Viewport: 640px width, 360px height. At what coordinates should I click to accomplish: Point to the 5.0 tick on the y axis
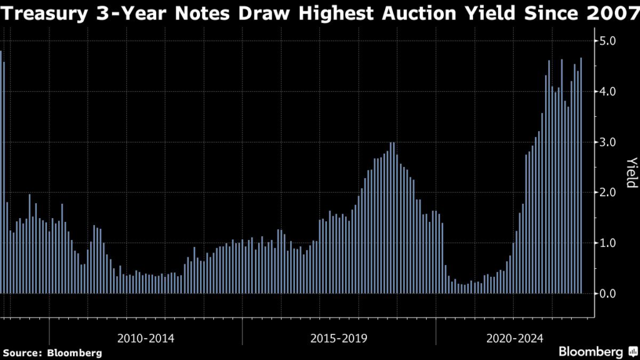tap(608, 41)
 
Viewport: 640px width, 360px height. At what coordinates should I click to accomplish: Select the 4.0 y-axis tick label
tap(608, 92)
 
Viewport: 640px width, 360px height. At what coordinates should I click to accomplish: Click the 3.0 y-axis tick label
tap(608, 142)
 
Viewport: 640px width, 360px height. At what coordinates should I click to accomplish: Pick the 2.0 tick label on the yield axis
tap(608, 192)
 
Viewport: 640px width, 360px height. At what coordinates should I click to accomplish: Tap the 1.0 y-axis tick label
tap(608, 243)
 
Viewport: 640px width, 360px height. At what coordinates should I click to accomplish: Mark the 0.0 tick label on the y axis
tap(608, 294)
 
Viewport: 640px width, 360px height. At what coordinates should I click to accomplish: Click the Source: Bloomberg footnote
tap(52, 353)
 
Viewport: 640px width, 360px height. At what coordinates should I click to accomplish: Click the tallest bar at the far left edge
tap(1, 172)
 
